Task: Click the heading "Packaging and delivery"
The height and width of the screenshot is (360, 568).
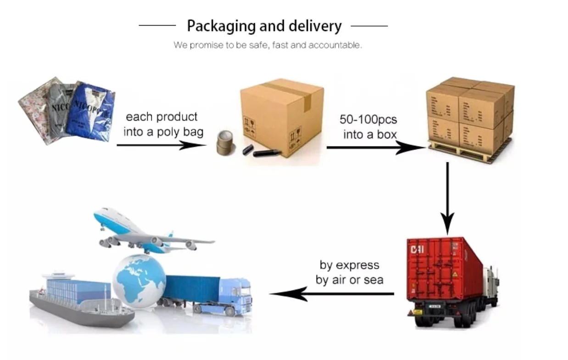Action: click(264, 26)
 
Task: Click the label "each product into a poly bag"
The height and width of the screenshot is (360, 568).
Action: click(163, 124)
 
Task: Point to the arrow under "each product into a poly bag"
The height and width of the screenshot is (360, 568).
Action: click(161, 145)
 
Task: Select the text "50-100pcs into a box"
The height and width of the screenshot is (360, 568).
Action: click(368, 127)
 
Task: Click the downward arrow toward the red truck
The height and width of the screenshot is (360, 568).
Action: click(447, 197)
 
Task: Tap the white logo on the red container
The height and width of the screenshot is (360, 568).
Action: click(418, 249)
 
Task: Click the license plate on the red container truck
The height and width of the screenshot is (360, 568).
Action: click(434, 306)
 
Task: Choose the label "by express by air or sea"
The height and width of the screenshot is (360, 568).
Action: click(350, 272)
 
